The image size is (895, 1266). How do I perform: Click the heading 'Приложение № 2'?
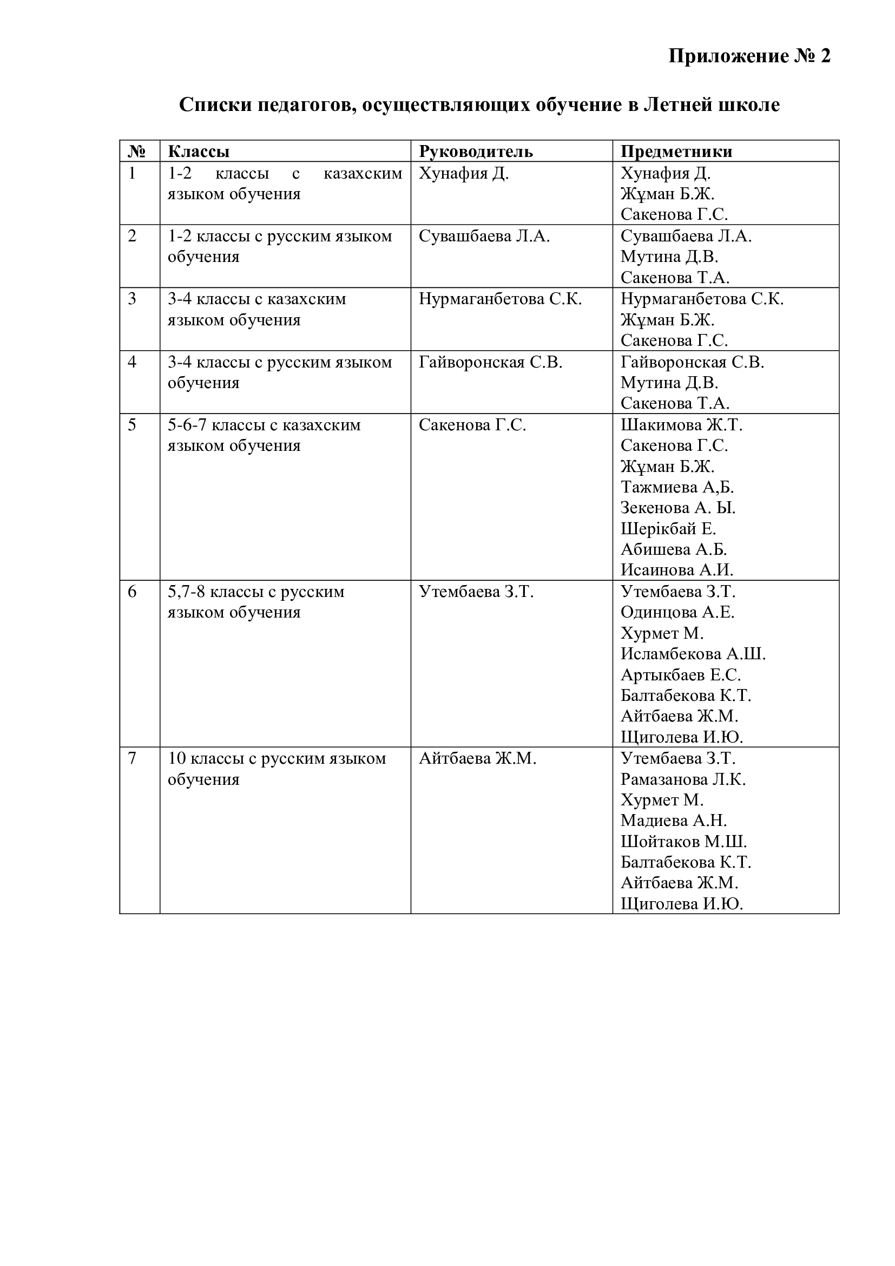tap(749, 56)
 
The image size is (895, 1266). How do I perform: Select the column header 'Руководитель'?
tap(476, 152)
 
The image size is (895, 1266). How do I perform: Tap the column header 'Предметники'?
tap(676, 152)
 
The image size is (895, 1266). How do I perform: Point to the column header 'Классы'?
tap(199, 152)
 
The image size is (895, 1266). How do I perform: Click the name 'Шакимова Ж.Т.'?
tap(681, 425)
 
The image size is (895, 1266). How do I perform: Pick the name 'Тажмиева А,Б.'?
tap(677, 488)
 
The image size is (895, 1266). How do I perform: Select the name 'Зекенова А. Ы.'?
tap(678, 508)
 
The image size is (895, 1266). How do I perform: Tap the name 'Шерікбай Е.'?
tap(668, 529)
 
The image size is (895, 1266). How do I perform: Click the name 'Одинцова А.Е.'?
tap(677, 613)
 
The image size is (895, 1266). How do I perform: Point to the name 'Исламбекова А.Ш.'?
tap(693, 654)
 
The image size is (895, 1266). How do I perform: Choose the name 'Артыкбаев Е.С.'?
tap(681, 675)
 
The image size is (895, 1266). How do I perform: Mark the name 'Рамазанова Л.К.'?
tap(683, 779)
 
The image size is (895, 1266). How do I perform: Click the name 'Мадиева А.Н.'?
tap(674, 821)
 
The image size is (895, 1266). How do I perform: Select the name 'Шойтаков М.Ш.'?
tap(683, 842)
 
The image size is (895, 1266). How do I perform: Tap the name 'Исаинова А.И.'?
tap(677, 569)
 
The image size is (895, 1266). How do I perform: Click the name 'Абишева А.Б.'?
tap(674, 550)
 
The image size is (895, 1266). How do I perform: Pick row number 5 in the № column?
tap(132, 425)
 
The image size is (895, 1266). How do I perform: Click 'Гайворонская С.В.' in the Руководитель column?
tap(490, 363)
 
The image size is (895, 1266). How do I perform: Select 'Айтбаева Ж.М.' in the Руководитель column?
tap(477, 759)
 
